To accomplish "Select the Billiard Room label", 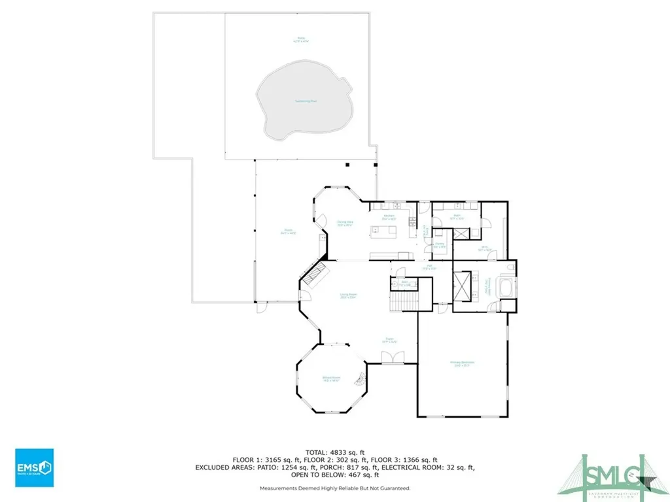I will (x=331, y=379).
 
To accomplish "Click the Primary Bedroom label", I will (x=461, y=363).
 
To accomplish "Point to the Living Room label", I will (x=347, y=295).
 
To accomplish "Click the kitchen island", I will (x=385, y=230).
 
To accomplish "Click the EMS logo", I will (x=35, y=467).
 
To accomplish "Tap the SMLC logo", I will (x=614, y=470).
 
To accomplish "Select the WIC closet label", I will (x=485, y=249).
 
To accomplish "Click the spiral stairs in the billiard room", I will (x=358, y=378).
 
